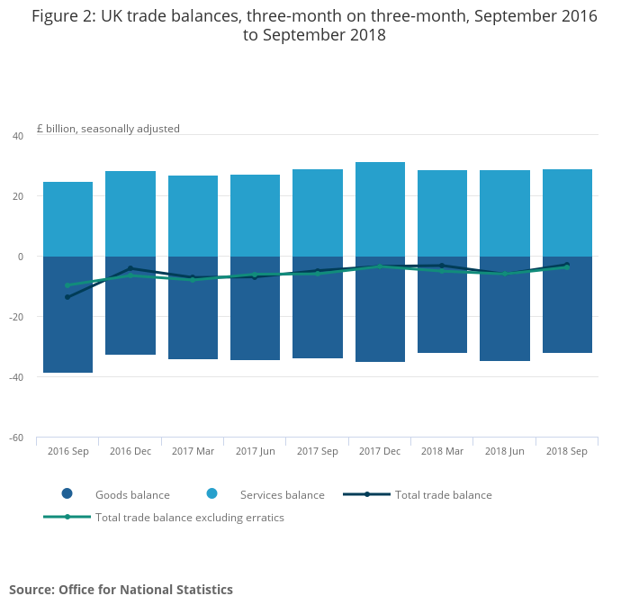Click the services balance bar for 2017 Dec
click(x=380, y=209)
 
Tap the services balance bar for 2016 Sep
click(x=67, y=219)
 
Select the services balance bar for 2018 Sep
click(x=567, y=212)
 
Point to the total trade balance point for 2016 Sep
click(x=67, y=297)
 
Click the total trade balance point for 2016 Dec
click(x=130, y=268)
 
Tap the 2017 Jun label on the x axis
click(x=255, y=451)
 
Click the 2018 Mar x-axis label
click(x=442, y=451)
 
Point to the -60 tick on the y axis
click(x=17, y=438)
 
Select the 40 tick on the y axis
click(x=18, y=136)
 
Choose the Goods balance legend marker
click(x=67, y=493)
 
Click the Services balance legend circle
click(x=212, y=493)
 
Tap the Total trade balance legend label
click(x=443, y=494)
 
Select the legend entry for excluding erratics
click(x=189, y=517)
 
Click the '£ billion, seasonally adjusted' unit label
click(x=108, y=129)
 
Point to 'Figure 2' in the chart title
click(x=63, y=16)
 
